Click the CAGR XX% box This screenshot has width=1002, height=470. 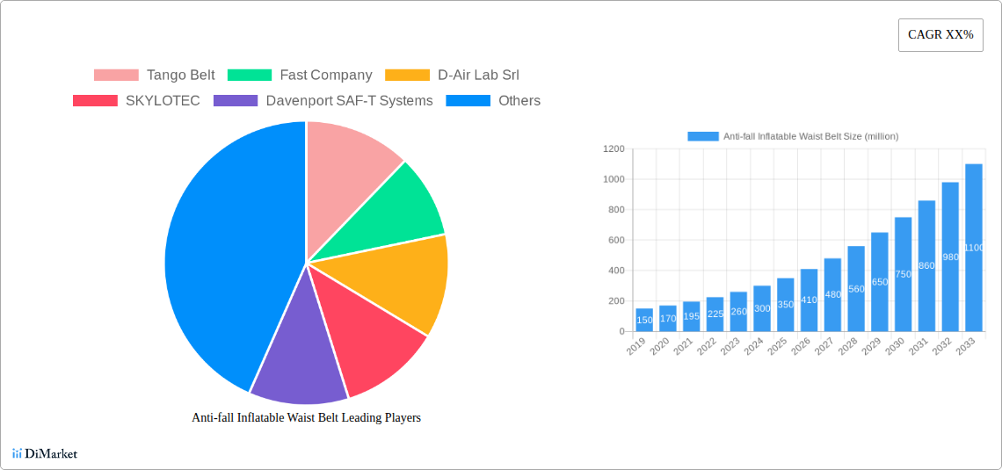(x=940, y=35)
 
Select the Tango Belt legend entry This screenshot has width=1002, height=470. (x=155, y=76)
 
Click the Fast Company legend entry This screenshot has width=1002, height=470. (x=300, y=76)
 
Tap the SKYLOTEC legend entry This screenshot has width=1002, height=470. (x=136, y=101)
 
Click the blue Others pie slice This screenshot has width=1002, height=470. (x=220, y=255)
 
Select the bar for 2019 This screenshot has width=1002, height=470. (x=644, y=320)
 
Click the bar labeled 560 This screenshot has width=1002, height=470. (x=856, y=289)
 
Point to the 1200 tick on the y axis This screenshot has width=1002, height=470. (x=614, y=149)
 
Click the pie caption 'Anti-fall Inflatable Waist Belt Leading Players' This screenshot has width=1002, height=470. (x=306, y=418)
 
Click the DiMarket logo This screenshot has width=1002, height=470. (x=45, y=454)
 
